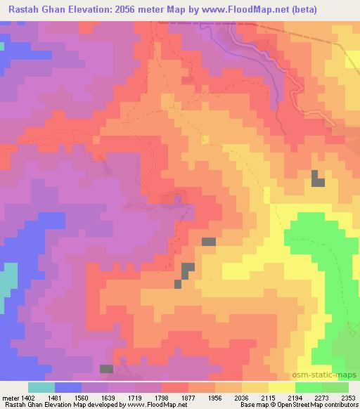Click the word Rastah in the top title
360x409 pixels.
pyautogui.click(x=27, y=9)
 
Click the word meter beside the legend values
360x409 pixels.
pyautogui.click(x=11, y=398)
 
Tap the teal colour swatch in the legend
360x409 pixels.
pyautogui.click(x=41, y=387)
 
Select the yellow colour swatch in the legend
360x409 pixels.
pyautogui.click(x=282, y=387)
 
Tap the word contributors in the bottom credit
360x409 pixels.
pyautogui.click(x=341, y=405)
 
